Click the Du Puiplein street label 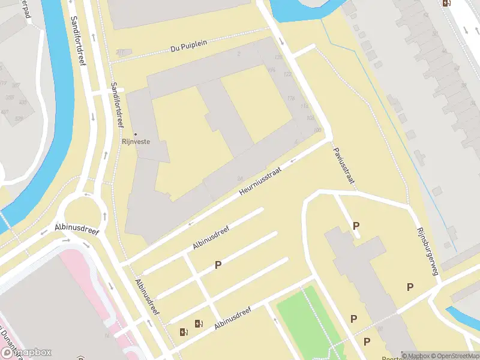coord(188,47)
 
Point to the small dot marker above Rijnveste coord(135,134)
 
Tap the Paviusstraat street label coord(343,164)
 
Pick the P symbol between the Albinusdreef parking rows coord(218,265)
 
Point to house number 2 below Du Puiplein coord(239,54)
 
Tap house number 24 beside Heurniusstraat coord(239,178)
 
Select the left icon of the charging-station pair coord(184,331)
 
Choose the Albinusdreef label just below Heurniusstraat coord(211,238)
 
